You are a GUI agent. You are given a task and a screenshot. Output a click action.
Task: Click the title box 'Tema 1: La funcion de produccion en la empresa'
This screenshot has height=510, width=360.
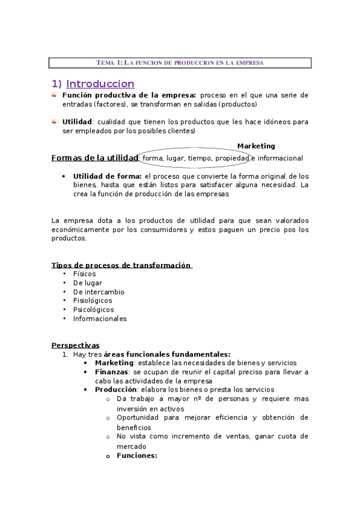tap(180, 63)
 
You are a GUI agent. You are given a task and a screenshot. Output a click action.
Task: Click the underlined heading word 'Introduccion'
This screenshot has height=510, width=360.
tap(100, 84)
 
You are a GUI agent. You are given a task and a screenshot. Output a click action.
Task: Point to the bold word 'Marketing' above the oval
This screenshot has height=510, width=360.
tap(256, 146)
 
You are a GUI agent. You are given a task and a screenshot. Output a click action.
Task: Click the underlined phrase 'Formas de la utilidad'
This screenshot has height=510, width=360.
tap(94, 158)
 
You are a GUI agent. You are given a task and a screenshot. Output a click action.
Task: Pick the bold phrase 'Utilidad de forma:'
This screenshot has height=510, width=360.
tap(107, 176)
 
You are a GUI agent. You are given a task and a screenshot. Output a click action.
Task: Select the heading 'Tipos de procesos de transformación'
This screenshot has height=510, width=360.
tap(121, 265)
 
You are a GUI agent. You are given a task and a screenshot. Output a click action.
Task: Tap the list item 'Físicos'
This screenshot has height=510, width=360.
tap(84, 274)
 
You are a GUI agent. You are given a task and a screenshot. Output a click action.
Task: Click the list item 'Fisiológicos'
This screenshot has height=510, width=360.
tap(93, 301)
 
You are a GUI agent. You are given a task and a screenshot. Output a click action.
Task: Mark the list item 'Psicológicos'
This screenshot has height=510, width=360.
tap(93, 310)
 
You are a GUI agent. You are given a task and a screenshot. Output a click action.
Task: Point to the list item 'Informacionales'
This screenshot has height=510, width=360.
tap(100, 319)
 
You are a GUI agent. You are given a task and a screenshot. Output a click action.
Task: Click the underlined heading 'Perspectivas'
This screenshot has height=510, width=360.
tap(75, 345)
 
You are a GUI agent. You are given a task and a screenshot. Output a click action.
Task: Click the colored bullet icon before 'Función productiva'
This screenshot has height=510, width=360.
tap(54, 95)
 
